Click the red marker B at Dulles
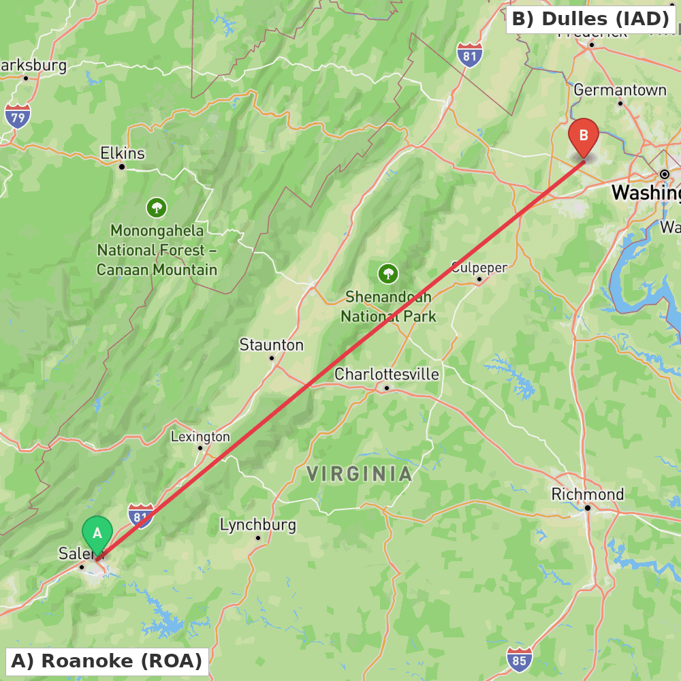(x=584, y=136)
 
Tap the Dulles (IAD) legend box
(x=590, y=19)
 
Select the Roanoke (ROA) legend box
(x=106, y=661)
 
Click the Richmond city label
(x=587, y=494)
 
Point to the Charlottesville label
(x=386, y=374)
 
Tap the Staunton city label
(x=271, y=345)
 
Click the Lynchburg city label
(x=257, y=524)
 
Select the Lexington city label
(x=200, y=437)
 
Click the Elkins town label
(x=123, y=153)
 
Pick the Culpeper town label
(x=479, y=267)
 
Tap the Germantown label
(x=620, y=90)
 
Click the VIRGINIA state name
(x=359, y=474)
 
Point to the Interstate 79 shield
(x=17, y=116)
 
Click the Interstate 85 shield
(x=520, y=659)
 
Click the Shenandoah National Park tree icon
(x=387, y=274)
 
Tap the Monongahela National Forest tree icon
(x=157, y=207)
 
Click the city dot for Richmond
(x=587, y=507)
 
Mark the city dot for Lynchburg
(x=257, y=538)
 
